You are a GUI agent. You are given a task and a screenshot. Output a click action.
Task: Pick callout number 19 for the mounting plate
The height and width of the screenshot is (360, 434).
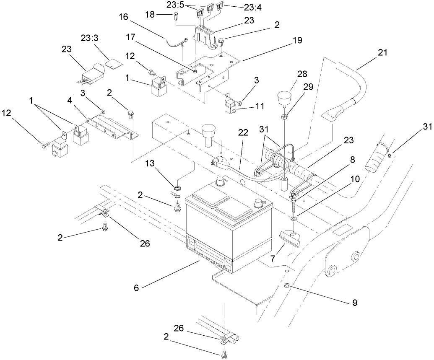pos(297,41)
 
